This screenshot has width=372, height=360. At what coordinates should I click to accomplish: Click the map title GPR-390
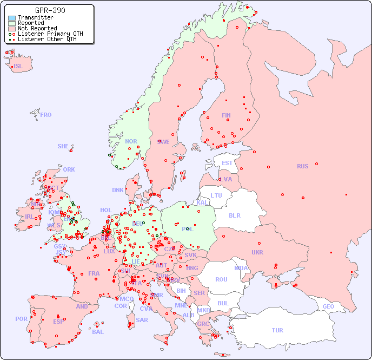(x=50, y=10)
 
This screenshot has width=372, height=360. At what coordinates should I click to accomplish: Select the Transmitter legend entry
(x=35, y=18)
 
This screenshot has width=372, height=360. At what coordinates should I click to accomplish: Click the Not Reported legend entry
(x=37, y=28)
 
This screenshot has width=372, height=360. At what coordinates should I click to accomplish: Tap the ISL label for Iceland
(x=18, y=67)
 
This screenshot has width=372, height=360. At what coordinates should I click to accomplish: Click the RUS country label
(x=302, y=166)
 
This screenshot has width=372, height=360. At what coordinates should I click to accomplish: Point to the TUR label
(x=277, y=330)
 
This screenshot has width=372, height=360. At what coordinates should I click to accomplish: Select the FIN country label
(x=226, y=115)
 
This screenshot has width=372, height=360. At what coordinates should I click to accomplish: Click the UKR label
(x=257, y=252)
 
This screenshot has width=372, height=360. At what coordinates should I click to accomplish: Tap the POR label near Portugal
(x=21, y=319)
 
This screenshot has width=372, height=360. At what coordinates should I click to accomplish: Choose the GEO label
(x=328, y=306)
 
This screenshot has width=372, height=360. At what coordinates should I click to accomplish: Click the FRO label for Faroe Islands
(x=46, y=115)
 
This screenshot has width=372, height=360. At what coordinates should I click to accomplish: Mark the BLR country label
(x=235, y=215)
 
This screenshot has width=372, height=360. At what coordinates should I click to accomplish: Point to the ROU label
(x=221, y=279)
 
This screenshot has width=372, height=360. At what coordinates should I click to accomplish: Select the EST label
(x=227, y=163)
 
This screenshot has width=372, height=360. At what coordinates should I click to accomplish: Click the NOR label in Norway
(x=131, y=141)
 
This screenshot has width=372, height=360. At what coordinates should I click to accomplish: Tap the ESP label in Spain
(x=58, y=321)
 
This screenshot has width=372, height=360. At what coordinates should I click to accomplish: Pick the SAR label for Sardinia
(x=142, y=320)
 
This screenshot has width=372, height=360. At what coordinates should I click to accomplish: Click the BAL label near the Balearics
(x=97, y=332)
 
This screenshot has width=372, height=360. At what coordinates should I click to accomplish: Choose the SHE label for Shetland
(x=63, y=146)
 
